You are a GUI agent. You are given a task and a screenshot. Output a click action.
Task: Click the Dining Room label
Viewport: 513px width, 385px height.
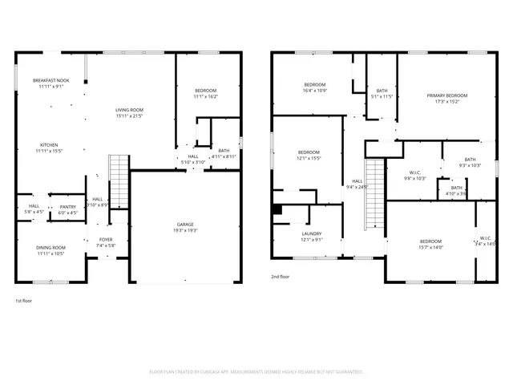pyautogui.click(x=50, y=250)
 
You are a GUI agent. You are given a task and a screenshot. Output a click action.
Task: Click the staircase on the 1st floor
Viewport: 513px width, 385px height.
pyautogui.click(x=119, y=180)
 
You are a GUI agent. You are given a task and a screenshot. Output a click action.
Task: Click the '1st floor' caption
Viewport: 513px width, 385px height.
pyautogui.click(x=24, y=301)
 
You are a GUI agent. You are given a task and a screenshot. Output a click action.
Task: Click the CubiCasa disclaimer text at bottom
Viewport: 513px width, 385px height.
pyautogui.click(x=256, y=371)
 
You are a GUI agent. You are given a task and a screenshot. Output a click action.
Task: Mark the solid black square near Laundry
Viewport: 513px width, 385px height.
pyautogui.click(x=277, y=210)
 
